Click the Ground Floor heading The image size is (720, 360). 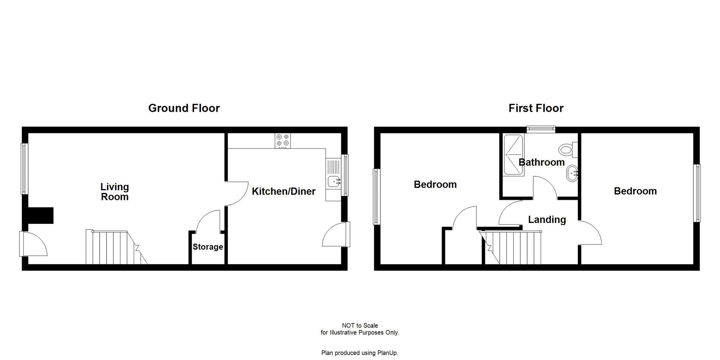tap(184, 108)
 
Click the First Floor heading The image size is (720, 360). tap(536, 108)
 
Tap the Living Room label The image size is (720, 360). tap(115, 192)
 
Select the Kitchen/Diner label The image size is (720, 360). tap(283, 191)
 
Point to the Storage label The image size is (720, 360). tap(208, 247)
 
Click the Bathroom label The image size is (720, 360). tap(541, 162)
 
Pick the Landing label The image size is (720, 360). tap(547, 219)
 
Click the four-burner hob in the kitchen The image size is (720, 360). tap(283, 141)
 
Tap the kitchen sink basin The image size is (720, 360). tap(333, 181)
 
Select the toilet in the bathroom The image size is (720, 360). tap(567, 150)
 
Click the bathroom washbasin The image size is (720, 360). tap(572, 173)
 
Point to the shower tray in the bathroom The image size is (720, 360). tap(513, 154)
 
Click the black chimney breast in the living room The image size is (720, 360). tap(40, 216)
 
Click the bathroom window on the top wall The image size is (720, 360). tap(540, 129)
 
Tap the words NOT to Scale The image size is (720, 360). tap(360, 325)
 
